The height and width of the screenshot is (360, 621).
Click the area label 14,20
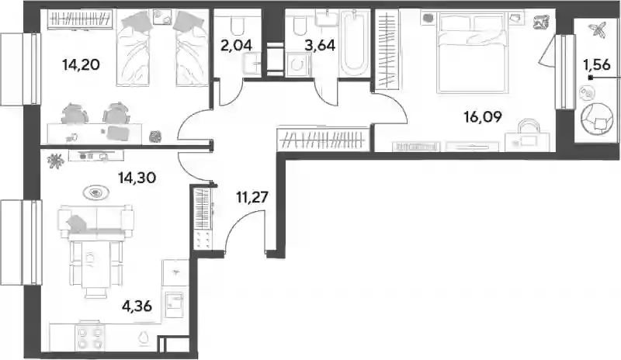coord(81,64)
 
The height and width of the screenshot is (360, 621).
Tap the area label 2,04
coord(236,45)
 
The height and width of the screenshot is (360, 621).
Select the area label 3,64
coord(320,45)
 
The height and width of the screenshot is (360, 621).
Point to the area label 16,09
coord(483,117)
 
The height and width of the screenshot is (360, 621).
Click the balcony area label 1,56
coord(597,64)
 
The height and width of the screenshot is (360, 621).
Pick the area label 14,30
coord(137,178)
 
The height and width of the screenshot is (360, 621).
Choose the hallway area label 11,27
coord(252,196)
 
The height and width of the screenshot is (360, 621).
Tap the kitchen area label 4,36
coord(137,306)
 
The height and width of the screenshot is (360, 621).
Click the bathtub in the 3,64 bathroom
coord(355,45)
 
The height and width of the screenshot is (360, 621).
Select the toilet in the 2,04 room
coord(238,25)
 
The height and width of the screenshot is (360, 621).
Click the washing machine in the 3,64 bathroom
coord(297,64)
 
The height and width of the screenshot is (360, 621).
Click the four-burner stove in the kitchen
coord(89,337)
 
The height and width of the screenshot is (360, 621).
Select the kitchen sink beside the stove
coord(144,337)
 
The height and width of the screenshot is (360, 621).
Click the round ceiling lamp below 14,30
coord(96,193)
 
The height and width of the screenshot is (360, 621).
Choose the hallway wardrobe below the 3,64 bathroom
coord(324,140)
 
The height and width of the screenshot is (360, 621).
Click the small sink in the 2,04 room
coord(252,64)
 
